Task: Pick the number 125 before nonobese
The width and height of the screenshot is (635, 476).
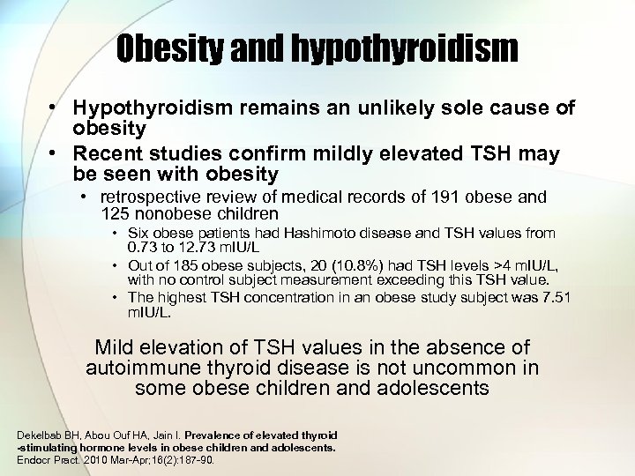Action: [117, 213]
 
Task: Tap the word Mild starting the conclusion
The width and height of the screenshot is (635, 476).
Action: [116, 347]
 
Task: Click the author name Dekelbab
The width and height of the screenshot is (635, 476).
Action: [41, 435]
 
